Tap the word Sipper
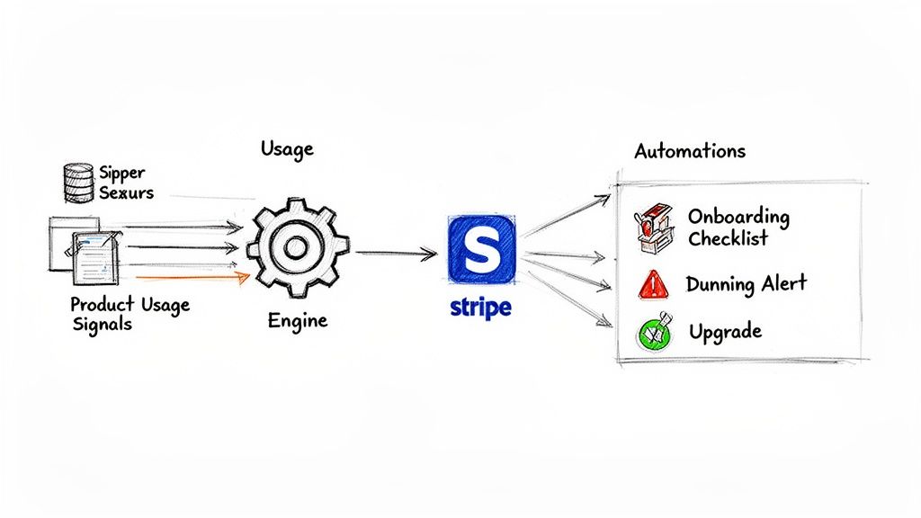pyautogui.click(x=122, y=173)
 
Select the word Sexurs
pyautogui.click(x=127, y=192)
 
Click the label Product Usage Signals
pyautogui.click(x=130, y=314)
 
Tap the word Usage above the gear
pyautogui.click(x=287, y=148)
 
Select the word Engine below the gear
pyautogui.click(x=298, y=319)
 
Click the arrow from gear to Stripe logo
pyautogui.click(x=396, y=254)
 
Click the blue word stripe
pyautogui.click(x=479, y=308)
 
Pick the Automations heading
pyautogui.click(x=690, y=150)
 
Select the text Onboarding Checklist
pyautogui.click(x=738, y=228)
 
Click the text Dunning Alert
pyautogui.click(x=746, y=284)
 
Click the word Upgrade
pyautogui.click(x=725, y=332)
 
